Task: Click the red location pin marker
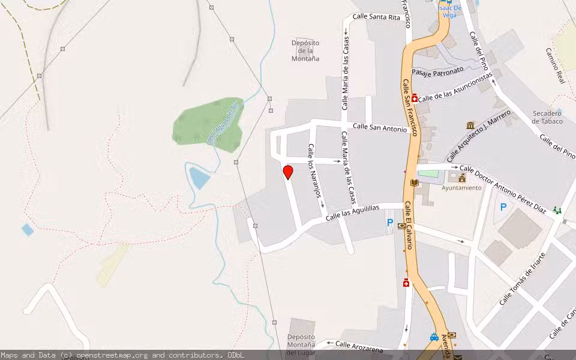(x=288, y=172)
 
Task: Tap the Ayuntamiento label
(x=461, y=188)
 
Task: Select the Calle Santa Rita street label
(x=376, y=17)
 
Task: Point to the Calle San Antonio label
(x=380, y=127)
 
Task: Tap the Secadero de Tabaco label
(x=548, y=117)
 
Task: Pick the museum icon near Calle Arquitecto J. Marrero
(x=470, y=125)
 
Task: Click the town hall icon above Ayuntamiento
(x=462, y=178)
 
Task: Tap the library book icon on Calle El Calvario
(x=414, y=182)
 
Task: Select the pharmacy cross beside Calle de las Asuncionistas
(x=414, y=97)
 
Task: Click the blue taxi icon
(x=434, y=337)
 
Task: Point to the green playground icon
(x=558, y=210)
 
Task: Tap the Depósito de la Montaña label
(x=305, y=51)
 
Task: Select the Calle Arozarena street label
(x=359, y=345)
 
